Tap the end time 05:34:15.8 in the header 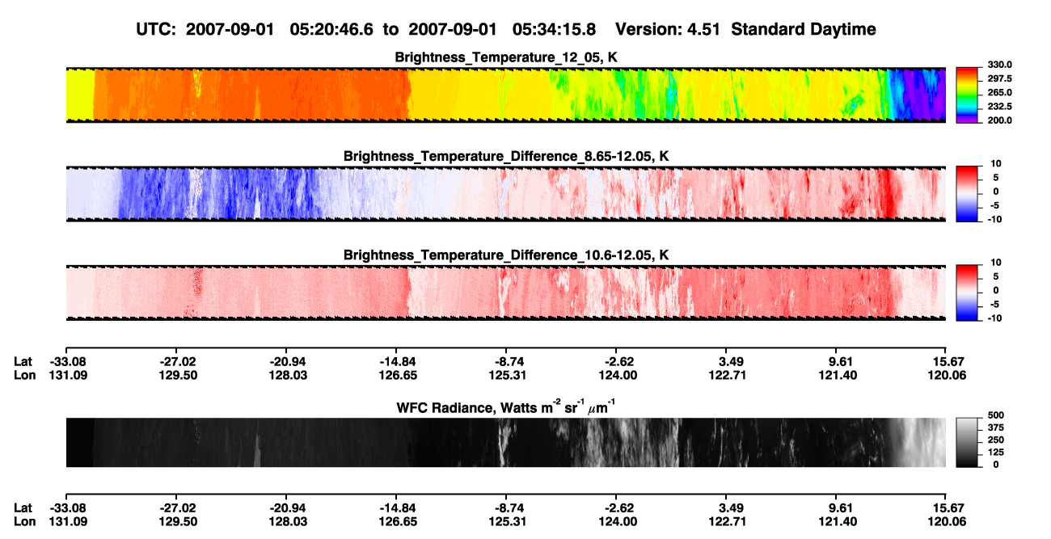tap(554, 29)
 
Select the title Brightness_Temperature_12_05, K tap(506, 57)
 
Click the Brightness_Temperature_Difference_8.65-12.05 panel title tap(506, 156)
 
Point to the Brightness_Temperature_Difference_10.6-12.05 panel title tap(506, 255)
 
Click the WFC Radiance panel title tap(506, 406)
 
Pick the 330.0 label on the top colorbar tap(999, 65)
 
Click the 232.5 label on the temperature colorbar tap(999, 107)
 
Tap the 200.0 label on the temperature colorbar tap(999, 120)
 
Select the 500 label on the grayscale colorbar tap(996, 415)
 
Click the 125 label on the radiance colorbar tap(996, 453)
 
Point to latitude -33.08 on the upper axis tap(68, 362)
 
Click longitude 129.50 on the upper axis tap(178, 375)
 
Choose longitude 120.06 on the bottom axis tap(947, 522)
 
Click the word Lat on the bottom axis tap(23, 508)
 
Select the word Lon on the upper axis tap(24, 375)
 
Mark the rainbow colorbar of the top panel tap(967, 95)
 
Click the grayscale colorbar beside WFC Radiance tap(967, 442)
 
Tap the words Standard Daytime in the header tap(804, 29)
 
